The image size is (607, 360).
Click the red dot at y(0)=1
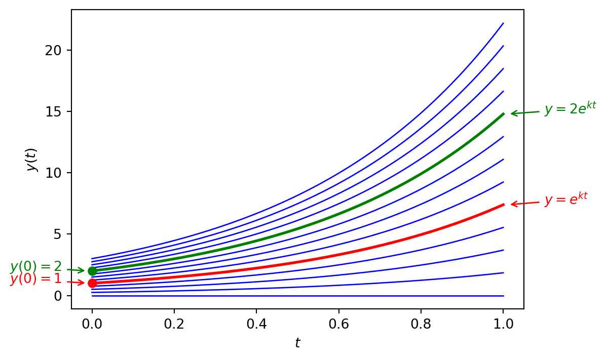pyautogui.click(x=92, y=283)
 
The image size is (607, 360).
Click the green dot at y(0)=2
pyautogui.click(x=92, y=271)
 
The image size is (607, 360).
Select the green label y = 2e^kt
pyautogui.click(x=570, y=108)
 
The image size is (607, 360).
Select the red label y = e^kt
pyautogui.click(x=565, y=199)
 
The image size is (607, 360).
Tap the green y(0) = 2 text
pyautogui.click(x=35, y=267)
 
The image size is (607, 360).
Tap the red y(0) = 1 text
pyautogui.click(x=35, y=279)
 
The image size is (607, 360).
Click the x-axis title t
pyautogui.click(x=297, y=343)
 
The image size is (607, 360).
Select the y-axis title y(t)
pyautogui.click(x=32, y=159)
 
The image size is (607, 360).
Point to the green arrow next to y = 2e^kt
pyautogui.click(x=525, y=113)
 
